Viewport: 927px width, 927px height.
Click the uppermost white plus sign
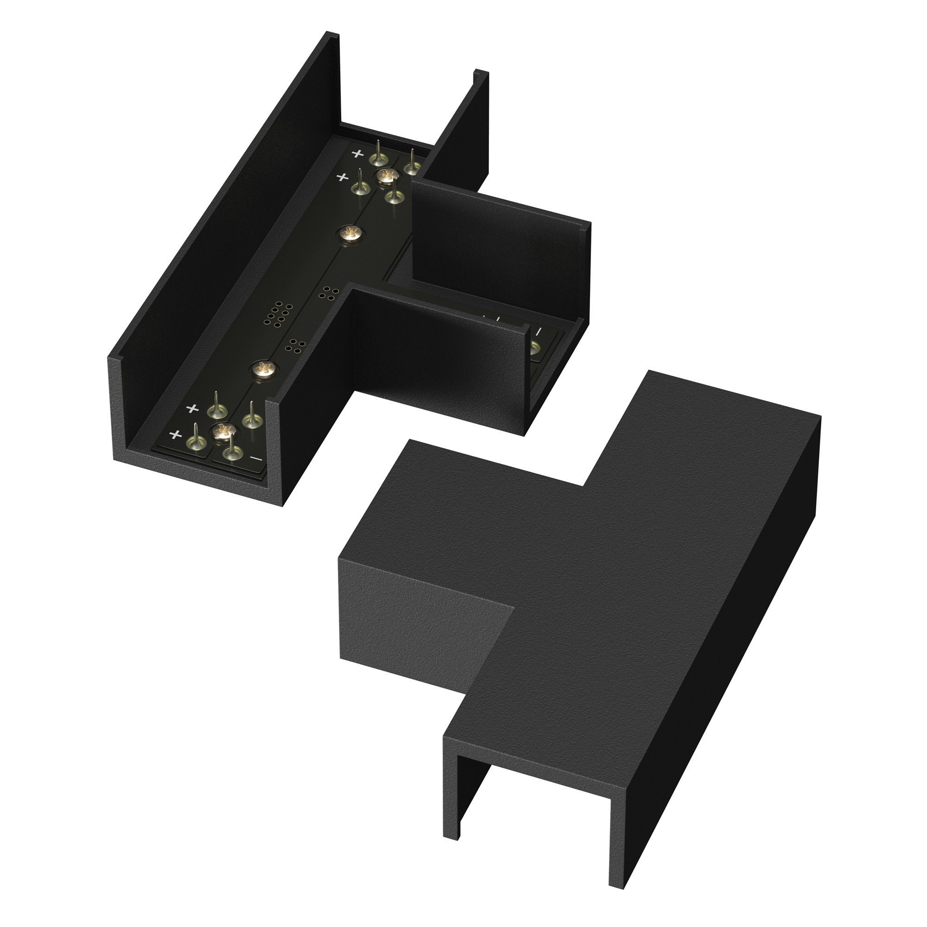[357, 153]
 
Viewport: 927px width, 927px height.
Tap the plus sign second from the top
[342, 178]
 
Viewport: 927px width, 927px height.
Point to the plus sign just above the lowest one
[192, 409]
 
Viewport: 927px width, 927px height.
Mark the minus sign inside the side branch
[538, 331]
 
